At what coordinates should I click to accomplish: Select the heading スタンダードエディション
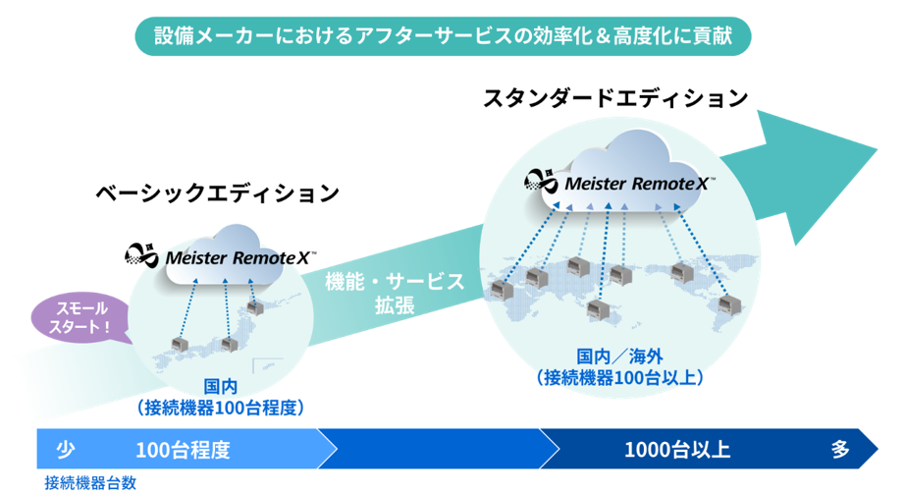[615, 99]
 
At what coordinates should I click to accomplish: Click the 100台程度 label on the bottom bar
[183, 451]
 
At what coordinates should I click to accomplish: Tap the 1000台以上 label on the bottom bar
[677, 451]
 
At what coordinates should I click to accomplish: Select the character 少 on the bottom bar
[65, 451]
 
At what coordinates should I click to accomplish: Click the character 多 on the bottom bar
[840, 451]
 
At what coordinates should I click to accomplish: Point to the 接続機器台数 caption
[90, 483]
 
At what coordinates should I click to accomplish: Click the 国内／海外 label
[619, 356]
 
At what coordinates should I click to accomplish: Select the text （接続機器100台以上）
[619, 376]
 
